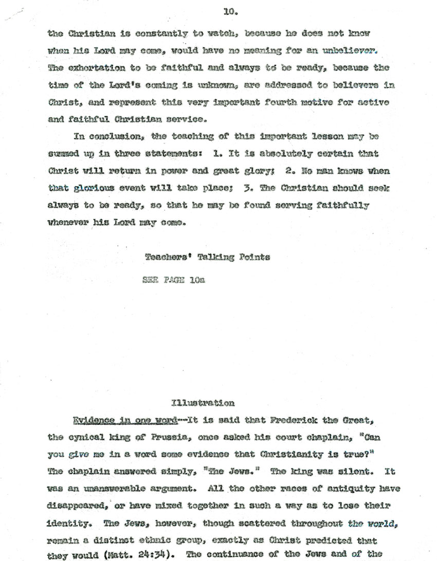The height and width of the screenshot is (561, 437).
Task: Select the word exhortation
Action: [95, 67]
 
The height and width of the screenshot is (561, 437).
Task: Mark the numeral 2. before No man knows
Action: [292, 171]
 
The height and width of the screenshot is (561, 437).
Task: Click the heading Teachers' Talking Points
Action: [207, 257]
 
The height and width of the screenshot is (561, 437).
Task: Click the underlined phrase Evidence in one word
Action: [125, 420]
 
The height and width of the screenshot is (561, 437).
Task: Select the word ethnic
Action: [165, 541]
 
